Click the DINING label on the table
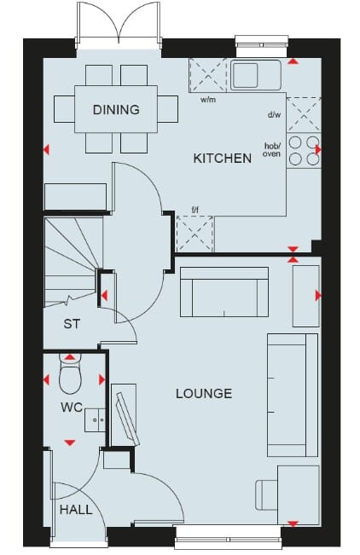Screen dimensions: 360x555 [116, 109]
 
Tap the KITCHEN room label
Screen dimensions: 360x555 [222, 158]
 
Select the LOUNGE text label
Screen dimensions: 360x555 [204, 393]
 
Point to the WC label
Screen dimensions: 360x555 [72, 407]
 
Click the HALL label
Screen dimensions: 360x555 [76, 510]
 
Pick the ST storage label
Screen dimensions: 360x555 [72, 323]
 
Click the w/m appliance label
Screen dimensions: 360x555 [208, 100]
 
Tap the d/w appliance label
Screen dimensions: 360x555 [274, 115]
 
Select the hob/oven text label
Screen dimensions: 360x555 [272, 150]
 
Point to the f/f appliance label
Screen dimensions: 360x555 [195, 211]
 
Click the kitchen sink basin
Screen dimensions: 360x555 [246, 75]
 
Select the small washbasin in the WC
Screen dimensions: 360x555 [95, 419]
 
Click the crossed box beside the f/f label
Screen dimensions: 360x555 [195, 234]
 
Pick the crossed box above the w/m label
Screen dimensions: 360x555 [208, 75]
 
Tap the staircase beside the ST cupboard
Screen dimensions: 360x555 [71, 262]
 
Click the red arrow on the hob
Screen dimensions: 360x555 [318, 150]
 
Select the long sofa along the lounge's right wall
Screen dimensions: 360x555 [293, 395]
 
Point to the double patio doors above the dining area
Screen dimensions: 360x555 [119, 22]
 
